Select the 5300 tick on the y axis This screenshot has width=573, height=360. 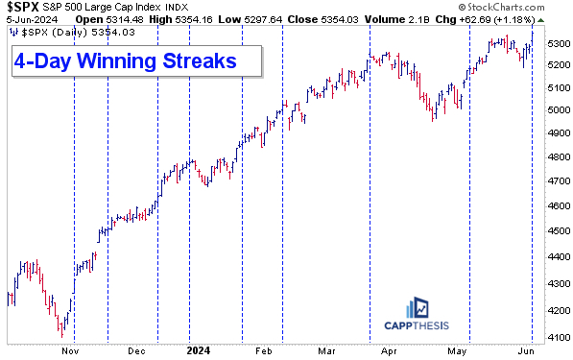[556, 44]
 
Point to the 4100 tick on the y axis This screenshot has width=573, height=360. [556, 336]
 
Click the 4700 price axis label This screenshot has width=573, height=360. [556, 180]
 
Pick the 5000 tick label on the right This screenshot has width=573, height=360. [556, 110]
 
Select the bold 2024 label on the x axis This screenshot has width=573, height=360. [200, 350]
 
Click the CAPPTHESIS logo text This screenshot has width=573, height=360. [415, 332]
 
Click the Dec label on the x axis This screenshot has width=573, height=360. [137, 350]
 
